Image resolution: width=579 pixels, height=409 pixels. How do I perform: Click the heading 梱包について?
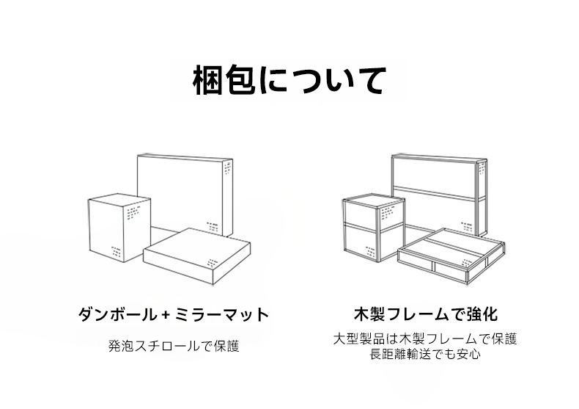click(289, 80)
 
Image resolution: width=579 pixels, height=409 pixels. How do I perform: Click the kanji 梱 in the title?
click(207, 80)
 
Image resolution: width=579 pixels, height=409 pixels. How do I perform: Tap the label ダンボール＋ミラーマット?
click(174, 315)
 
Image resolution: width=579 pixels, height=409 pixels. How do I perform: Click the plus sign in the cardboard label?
click(166, 315)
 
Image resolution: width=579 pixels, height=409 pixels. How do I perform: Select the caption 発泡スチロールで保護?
click(174, 346)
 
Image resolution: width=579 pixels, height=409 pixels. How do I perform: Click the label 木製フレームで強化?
click(426, 314)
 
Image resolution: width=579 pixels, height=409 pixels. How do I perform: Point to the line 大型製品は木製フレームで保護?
click(425, 339)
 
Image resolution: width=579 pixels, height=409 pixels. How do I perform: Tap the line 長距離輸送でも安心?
click(425, 354)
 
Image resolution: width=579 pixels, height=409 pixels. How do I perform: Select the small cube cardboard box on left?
click(119, 228)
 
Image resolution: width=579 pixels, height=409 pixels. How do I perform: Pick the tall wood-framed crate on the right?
click(440, 195)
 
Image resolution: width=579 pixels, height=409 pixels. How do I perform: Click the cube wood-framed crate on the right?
click(374, 228)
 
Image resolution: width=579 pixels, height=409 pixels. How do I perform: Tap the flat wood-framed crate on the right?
click(451, 256)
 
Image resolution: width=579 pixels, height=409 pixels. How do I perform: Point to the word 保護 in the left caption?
click(227, 346)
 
